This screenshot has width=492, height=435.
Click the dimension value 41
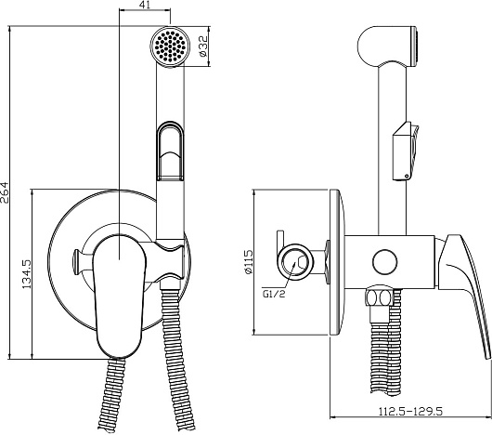[x=144, y=5]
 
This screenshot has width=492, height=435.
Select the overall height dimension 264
[x=5, y=192]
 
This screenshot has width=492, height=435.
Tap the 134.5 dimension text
[x=26, y=274]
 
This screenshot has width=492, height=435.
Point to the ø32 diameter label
[x=203, y=46]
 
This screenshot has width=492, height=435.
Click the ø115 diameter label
[x=248, y=262]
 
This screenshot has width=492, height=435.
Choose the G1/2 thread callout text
[x=274, y=294]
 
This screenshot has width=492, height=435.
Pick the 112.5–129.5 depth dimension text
[x=410, y=411]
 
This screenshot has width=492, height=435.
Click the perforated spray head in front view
[x=170, y=46]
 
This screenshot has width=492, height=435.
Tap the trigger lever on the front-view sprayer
[x=170, y=151]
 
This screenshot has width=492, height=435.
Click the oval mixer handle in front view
[x=119, y=297]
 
